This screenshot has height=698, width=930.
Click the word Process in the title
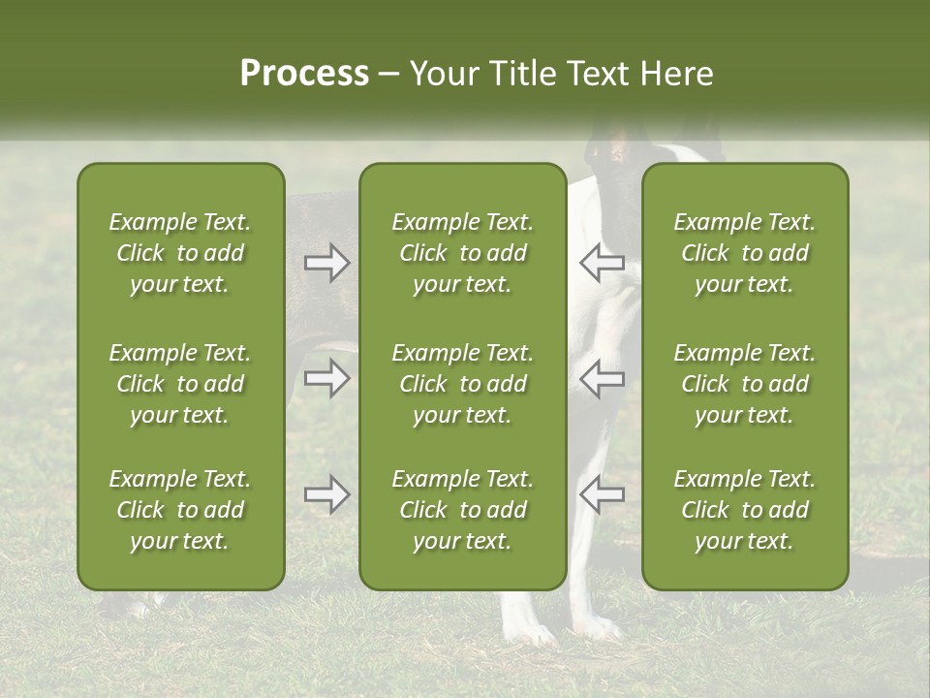click(x=304, y=74)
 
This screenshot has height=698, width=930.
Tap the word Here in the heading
click(x=675, y=74)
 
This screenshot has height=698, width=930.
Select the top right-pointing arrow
click(x=326, y=263)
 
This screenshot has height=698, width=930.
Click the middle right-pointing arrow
click(x=326, y=378)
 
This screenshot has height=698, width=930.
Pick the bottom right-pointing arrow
click(x=326, y=494)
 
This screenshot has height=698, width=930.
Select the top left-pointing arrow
click(x=602, y=262)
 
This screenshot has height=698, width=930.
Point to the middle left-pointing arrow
click(x=602, y=378)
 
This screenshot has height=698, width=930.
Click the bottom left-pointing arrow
click(x=602, y=494)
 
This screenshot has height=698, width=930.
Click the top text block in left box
click(x=180, y=253)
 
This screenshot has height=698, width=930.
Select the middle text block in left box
click(x=180, y=384)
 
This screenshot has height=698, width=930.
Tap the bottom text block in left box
click(x=180, y=510)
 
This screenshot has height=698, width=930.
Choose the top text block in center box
click(x=462, y=253)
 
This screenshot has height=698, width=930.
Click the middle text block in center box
click(x=462, y=384)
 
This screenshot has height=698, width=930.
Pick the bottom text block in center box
click(x=462, y=510)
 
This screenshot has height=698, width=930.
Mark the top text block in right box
click(x=744, y=253)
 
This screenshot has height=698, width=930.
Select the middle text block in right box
click(x=744, y=384)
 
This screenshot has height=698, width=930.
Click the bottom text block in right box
click(x=744, y=510)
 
